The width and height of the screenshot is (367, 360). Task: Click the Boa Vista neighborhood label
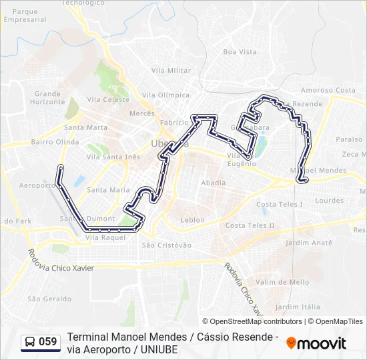[240, 51]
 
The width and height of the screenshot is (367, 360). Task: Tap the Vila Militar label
[171, 70]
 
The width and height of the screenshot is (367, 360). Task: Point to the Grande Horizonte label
[47, 98]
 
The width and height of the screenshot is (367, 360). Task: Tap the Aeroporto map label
[36, 185]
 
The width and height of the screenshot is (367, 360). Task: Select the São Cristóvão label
[166, 245]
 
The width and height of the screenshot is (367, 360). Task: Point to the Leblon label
[193, 220]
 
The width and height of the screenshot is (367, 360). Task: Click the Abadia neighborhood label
[213, 183]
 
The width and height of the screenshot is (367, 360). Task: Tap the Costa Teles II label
[250, 225]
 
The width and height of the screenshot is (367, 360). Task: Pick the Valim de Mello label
[282, 282]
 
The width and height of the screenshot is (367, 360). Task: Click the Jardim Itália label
[298, 307]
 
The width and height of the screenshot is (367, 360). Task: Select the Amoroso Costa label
[328, 90]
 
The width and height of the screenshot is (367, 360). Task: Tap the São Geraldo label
[49, 299]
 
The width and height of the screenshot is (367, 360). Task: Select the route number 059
[48, 342]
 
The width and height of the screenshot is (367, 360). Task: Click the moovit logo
[316, 343]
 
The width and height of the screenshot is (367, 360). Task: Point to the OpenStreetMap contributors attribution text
[253, 321]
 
